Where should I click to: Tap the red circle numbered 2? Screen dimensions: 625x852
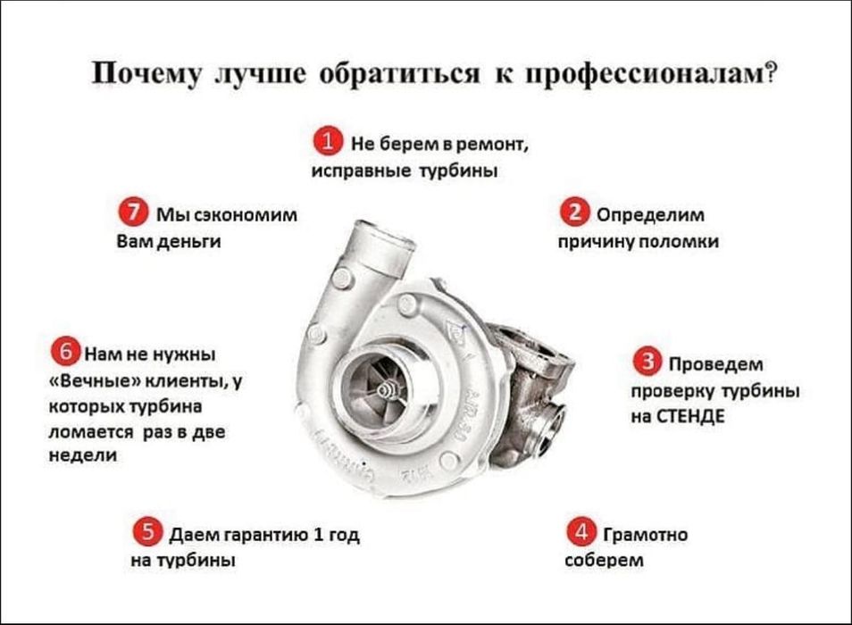pos(572,214)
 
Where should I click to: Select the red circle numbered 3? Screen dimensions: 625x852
pos(646,362)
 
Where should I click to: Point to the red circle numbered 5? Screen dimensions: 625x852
pos(146,534)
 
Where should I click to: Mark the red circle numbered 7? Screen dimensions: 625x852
pos(132,214)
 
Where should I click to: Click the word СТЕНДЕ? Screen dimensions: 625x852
pos(689,417)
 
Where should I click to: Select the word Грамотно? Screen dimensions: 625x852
pos(646,535)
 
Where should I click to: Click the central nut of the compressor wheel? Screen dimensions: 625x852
pos(383,390)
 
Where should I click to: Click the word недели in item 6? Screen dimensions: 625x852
pos(80,456)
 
